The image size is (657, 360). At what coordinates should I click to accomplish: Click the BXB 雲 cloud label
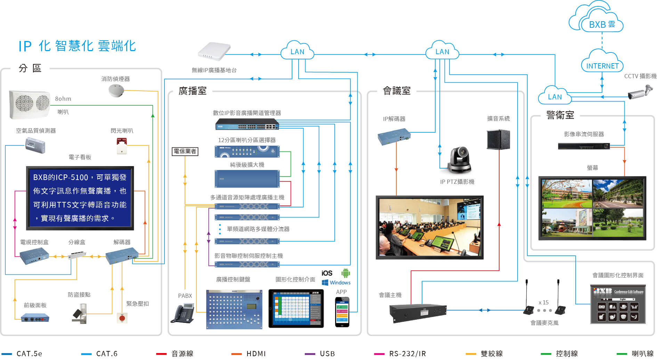(602, 25)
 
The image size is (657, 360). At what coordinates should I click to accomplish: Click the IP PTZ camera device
(459, 160)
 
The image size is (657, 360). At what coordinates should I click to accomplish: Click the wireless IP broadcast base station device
(214, 52)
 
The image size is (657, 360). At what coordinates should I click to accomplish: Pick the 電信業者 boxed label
(185, 151)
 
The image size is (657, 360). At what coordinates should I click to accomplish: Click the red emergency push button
(122, 318)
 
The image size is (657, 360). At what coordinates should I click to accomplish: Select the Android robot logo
(346, 273)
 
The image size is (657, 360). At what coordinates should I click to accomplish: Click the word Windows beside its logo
(340, 283)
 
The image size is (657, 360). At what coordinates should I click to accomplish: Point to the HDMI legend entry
(255, 354)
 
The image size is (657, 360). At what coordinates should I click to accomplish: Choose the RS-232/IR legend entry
(407, 354)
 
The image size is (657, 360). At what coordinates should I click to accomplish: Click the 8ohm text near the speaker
(63, 99)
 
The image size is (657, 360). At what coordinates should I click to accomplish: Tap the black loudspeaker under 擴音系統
(498, 139)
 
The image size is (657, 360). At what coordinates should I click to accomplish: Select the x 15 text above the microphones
(543, 302)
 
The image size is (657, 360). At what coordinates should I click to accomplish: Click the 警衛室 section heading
(560, 115)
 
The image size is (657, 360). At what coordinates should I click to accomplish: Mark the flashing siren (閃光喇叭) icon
(122, 146)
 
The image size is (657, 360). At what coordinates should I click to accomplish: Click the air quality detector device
(35, 145)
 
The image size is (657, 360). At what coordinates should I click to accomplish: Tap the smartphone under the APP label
(342, 312)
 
